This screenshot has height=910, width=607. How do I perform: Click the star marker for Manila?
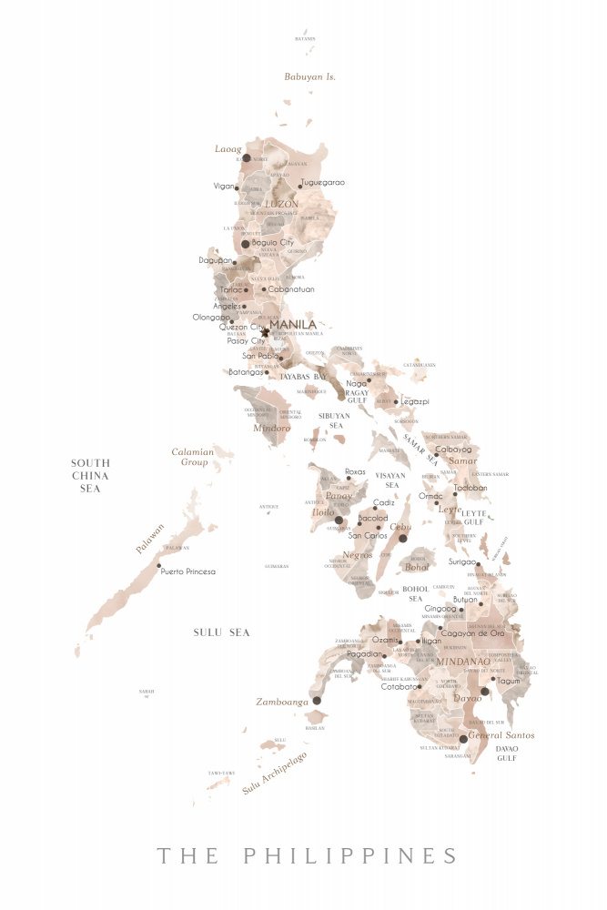click(x=265, y=332)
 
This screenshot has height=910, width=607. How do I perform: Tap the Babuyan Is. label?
click(x=309, y=77)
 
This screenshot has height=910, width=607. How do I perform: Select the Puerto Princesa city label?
click(x=187, y=571)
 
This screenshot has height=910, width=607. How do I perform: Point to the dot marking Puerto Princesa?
click(x=159, y=565)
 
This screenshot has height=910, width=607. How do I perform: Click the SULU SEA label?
click(x=221, y=632)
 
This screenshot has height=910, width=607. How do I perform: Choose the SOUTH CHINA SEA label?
click(x=90, y=475)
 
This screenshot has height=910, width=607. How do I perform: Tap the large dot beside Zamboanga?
click(x=317, y=701)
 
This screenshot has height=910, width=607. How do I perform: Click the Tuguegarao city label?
click(x=323, y=183)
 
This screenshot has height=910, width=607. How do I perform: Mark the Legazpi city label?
click(x=415, y=401)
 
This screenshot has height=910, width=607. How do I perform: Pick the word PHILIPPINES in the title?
click(x=351, y=856)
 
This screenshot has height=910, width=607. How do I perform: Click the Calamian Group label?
click(x=192, y=457)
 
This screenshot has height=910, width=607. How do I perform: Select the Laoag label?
click(x=228, y=148)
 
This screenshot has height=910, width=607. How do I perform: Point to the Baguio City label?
click(x=273, y=243)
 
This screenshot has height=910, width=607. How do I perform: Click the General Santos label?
click(x=501, y=735)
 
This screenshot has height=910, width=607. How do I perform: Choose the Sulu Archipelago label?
click(x=274, y=773)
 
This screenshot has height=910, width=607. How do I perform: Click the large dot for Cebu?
click(x=403, y=538)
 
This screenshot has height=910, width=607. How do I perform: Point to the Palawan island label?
click(x=152, y=540)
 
